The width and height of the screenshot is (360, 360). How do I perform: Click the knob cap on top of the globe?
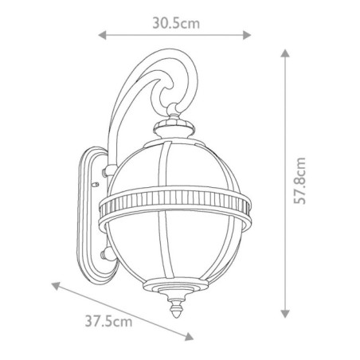pos(176,125)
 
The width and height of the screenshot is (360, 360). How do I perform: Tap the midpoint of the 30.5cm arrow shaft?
pos(175,35)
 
